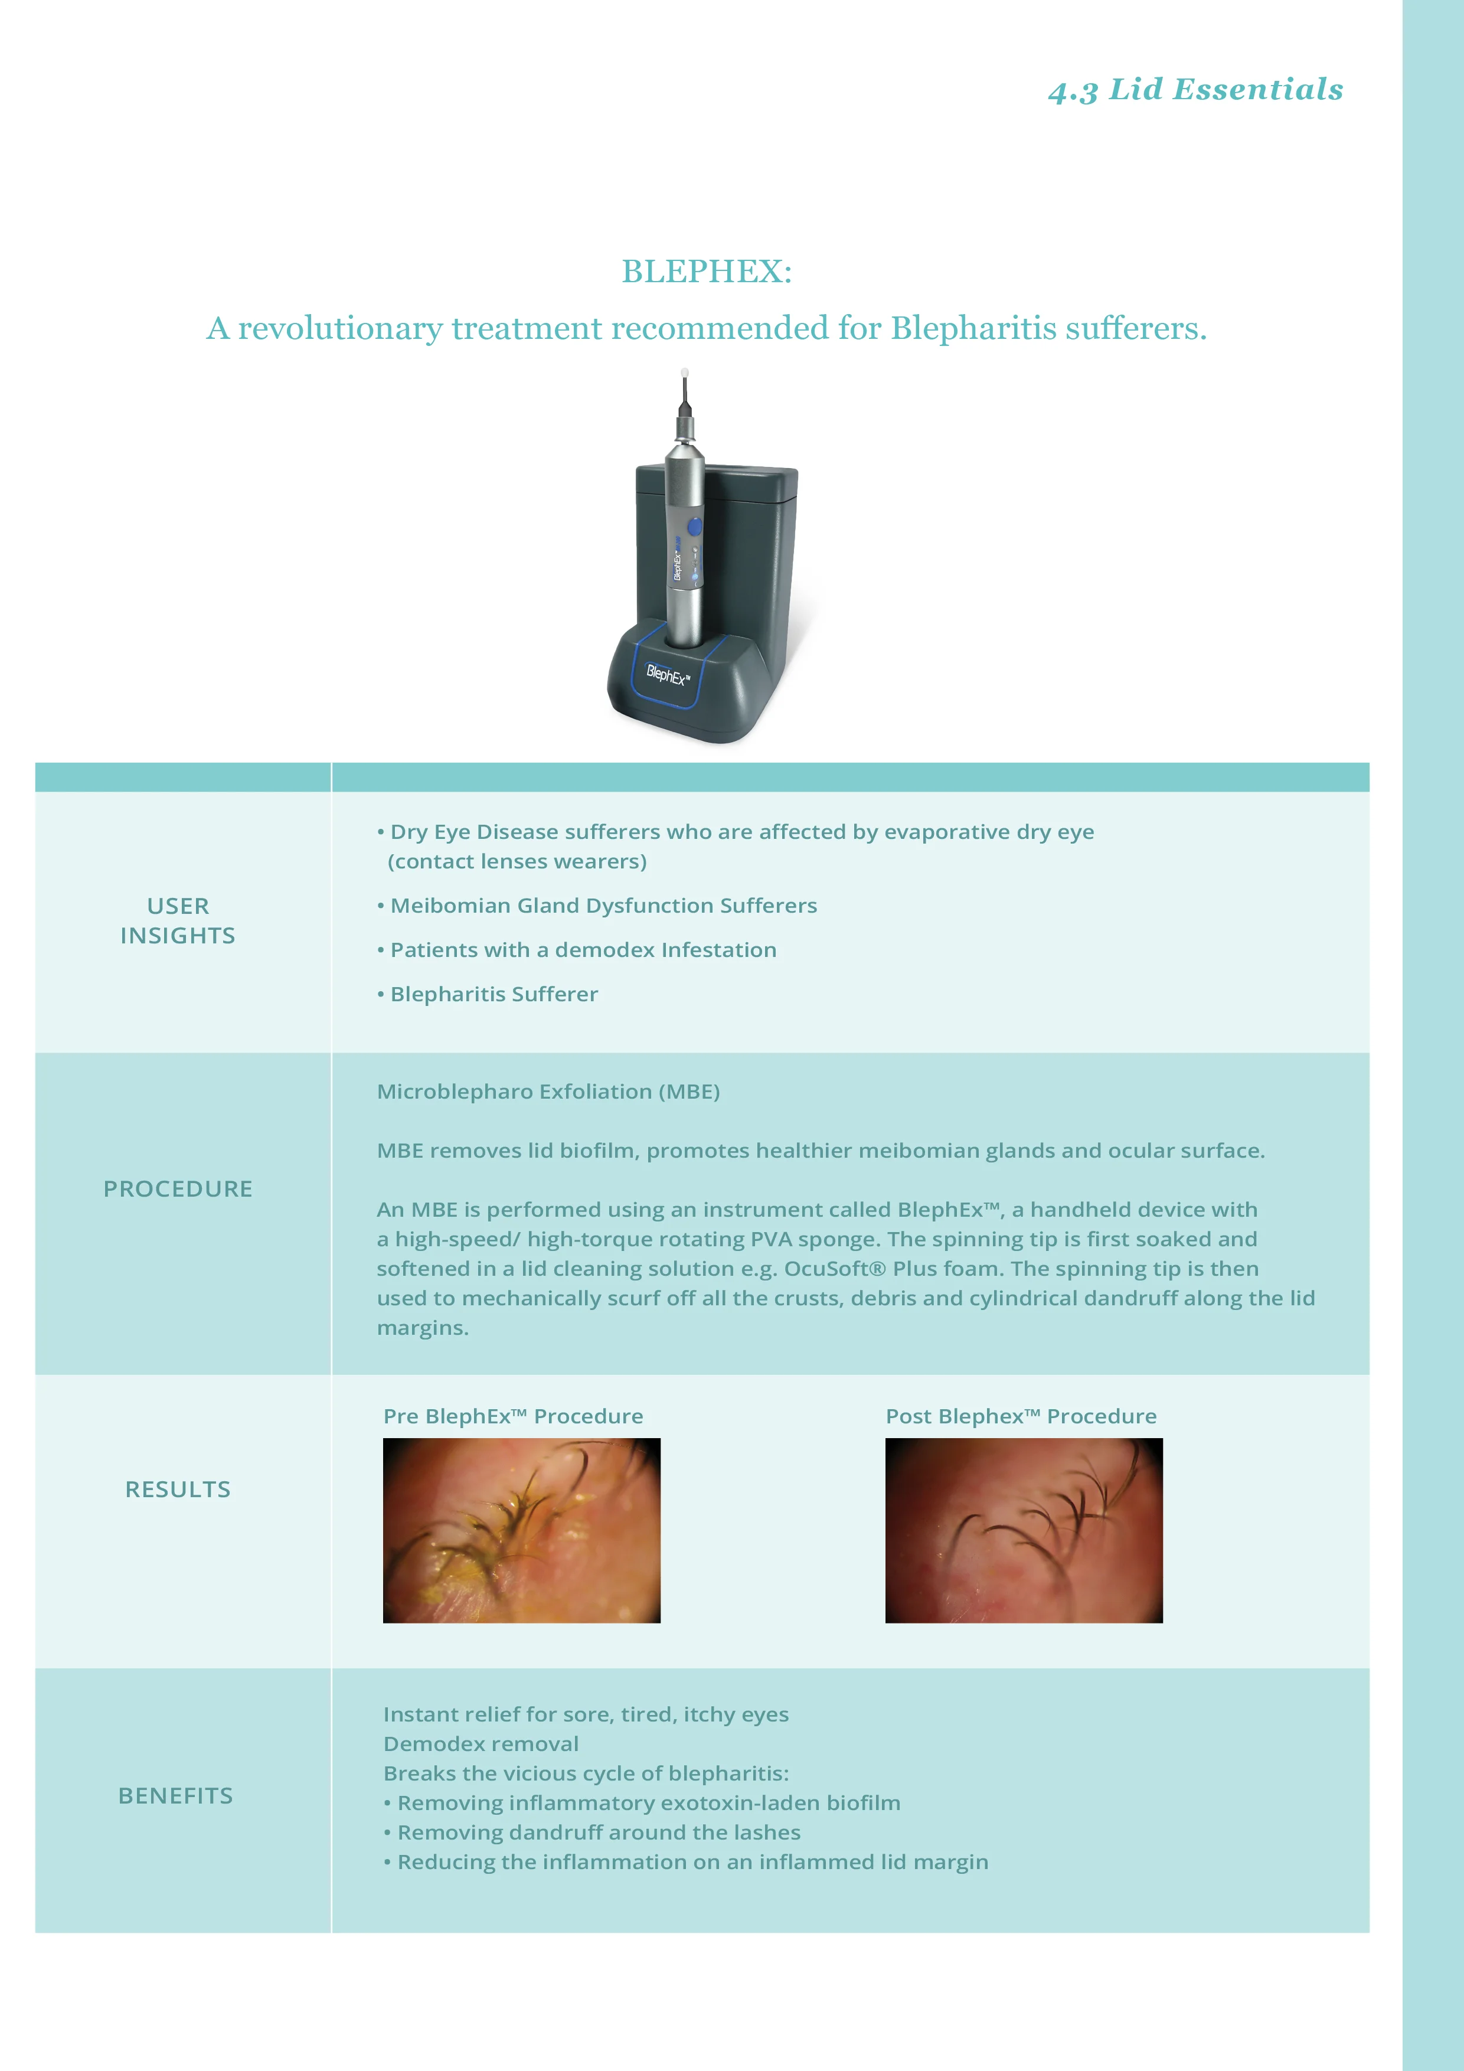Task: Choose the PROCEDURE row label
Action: pos(178,1189)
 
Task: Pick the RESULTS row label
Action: pos(178,1489)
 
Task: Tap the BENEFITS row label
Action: pos(176,1796)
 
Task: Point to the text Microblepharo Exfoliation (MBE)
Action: pos(548,1092)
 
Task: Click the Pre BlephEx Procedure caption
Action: pos(512,1416)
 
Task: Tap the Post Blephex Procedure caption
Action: pos(1020,1416)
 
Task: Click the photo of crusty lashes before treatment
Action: pos(521,1531)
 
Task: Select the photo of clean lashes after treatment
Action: pos(1024,1531)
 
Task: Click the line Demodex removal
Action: pos(481,1743)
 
